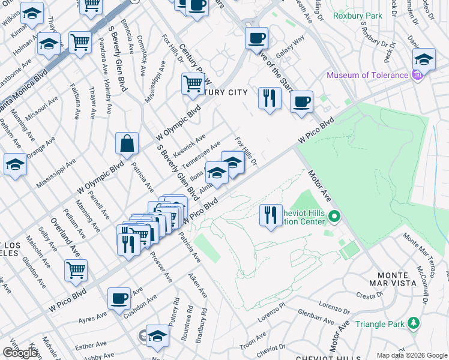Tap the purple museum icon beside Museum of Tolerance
click(418, 76)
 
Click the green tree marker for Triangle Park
click(413, 324)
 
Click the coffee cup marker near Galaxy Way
click(256, 38)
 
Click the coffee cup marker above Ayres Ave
click(119, 298)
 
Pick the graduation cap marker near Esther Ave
click(157, 336)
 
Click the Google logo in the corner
click(20, 353)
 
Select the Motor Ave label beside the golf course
click(320, 187)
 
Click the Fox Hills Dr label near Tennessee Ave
click(246, 152)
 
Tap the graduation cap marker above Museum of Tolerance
click(424, 59)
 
